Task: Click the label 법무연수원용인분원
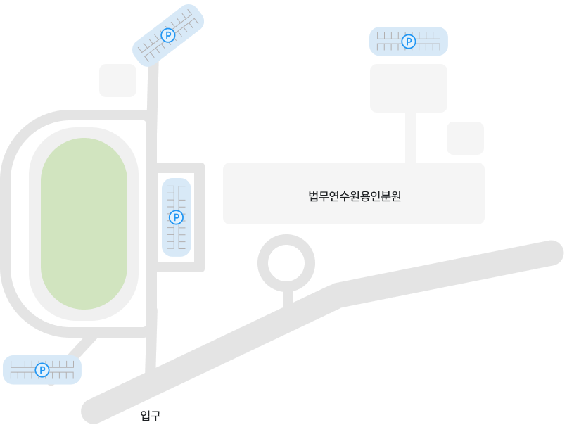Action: (355, 196)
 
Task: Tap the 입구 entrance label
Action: (151, 416)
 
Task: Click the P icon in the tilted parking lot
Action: (168, 34)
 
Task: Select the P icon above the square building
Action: (408, 42)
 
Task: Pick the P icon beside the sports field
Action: (177, 217)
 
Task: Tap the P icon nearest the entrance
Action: (42, 370)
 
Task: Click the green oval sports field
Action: (84, 223)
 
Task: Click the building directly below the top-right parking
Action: (409, 88)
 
